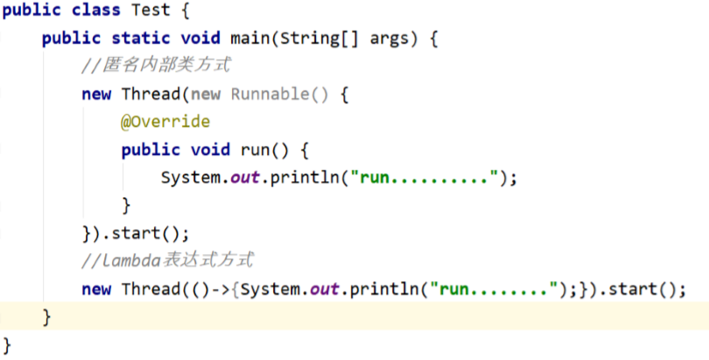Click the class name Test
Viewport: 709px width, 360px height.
click(x=151, y=10)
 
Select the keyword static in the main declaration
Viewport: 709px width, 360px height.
click(x=141, y=38)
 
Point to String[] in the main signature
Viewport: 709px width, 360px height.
click(x=319, y=39)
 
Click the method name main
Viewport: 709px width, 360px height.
click(x=250, y=38)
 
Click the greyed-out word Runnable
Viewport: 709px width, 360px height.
click(x=270, y=94)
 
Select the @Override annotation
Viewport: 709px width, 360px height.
click(x=165, y=122)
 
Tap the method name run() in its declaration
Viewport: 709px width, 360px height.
click(x=264, y=150)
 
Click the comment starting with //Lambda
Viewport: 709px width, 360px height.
click(x=167, y=260)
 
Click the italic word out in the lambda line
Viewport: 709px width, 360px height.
click(x=324, y=289)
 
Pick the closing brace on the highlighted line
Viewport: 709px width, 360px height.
click(x=46, y=317)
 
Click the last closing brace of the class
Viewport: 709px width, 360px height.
click(x=6, y=345)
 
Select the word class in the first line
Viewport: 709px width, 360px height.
click(x=96, y=10)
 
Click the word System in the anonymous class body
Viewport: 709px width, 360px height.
click(x=190, y=177)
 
